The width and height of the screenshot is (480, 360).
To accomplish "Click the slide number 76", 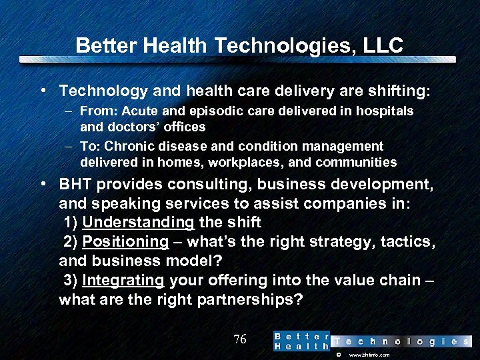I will click(240, 339).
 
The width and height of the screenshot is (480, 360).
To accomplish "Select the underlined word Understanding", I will click(138, 222).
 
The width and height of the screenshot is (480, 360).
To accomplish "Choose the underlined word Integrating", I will click(123, 280).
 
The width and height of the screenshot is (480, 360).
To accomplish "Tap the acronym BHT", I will click(77, 184).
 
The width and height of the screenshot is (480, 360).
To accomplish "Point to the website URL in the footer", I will click(369, 355).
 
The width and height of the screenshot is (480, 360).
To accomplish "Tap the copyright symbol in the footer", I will click(339, 355).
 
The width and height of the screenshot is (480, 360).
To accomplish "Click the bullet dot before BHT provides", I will click(43, 184).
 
